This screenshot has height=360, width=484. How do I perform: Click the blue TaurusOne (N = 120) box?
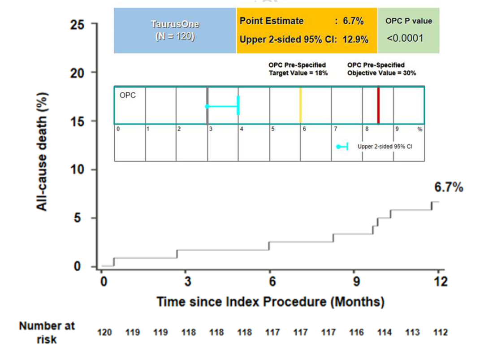coord(175,30)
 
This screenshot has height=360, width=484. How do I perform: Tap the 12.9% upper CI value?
coord(355,39)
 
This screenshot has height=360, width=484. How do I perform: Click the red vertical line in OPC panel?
coord(378,105)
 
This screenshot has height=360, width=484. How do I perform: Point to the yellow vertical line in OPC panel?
coord(300,105)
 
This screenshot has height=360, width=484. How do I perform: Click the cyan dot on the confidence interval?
coord(207,106)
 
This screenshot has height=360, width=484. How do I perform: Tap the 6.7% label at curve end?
coord(449,187)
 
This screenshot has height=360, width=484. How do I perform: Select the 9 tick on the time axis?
coord(357,282)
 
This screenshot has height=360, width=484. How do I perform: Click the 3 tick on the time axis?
coord(188,282)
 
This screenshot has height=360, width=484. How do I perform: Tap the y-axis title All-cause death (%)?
coord(42,152)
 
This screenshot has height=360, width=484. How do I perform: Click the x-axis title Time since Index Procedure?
coord(270,301)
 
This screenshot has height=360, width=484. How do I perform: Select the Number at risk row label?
coord(47,332)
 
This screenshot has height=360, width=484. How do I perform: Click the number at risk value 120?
coord(105,332)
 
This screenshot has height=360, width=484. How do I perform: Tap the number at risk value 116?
coord(357,332)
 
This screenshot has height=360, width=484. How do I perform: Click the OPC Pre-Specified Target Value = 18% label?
coord(298,69)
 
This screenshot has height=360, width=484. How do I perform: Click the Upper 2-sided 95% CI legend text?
coord(385,146)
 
